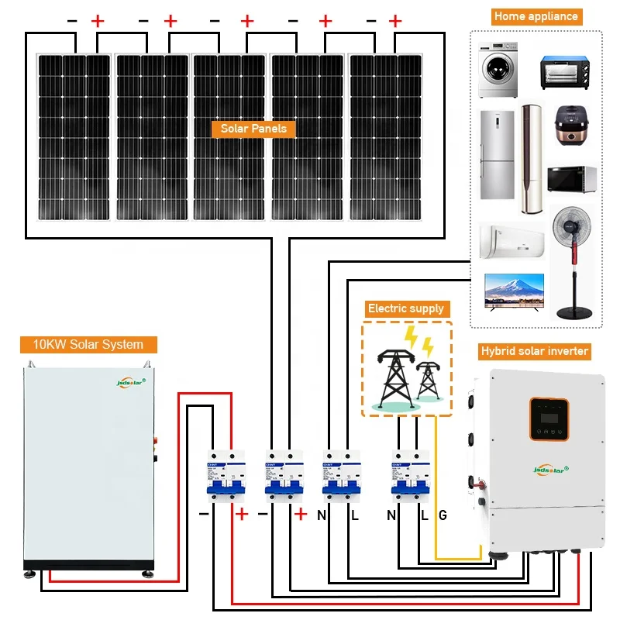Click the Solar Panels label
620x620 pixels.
click(253, 129)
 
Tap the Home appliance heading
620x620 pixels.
click(536, 16)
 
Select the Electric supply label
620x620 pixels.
click(406, 308)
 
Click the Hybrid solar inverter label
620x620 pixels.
click(535, 351)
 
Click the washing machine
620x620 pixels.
click(497, 71)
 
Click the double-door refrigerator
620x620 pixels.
click(496, 155)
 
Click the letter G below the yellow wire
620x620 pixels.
click(443, 515)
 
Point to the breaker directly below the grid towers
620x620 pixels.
click(410, 475)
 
